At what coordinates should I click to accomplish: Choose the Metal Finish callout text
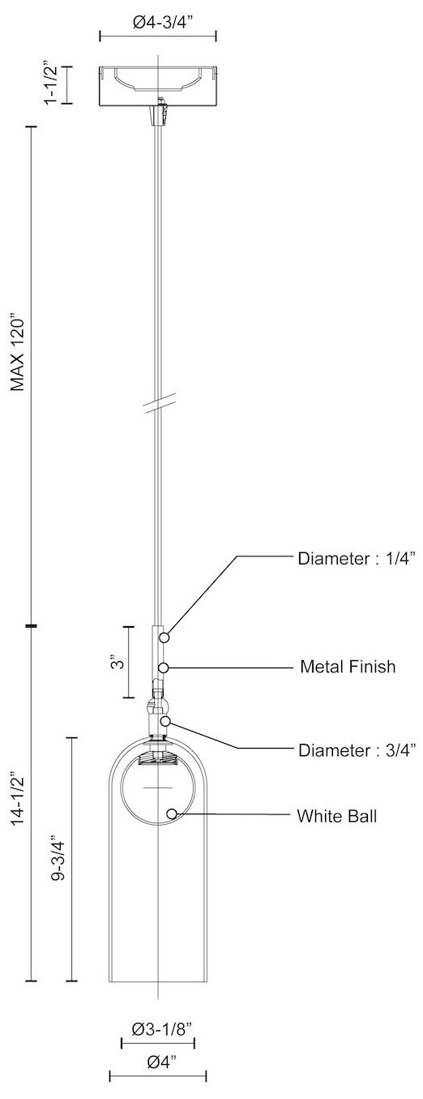pos(348,667)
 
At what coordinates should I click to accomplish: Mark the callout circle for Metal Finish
pos(164,667)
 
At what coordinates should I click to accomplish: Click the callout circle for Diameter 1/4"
pos(164,638)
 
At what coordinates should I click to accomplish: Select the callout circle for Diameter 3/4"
pos(164,721)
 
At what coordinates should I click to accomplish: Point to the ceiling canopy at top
pos(157,85)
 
